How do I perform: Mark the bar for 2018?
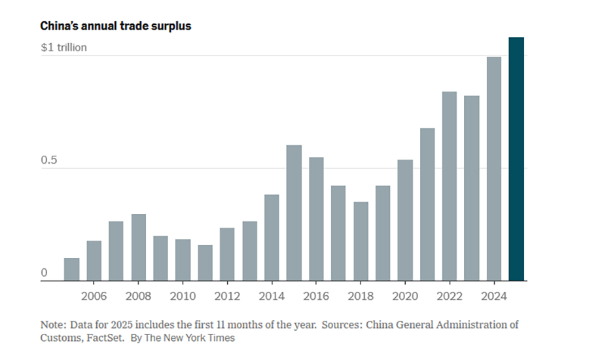(x=361, y=242)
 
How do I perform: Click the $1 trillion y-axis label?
(x=63, y=48)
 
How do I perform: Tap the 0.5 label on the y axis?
(x=48, y=161)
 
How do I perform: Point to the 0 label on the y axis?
(x=45, y=272)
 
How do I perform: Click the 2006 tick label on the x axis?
(x=94, y=296)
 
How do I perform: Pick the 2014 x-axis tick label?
(x=272, y=296)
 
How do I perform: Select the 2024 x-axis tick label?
(x=494, y=296)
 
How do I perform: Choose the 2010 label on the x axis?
(x=183, y=296)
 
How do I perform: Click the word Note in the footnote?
(x=52, y=325)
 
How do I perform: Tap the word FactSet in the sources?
(x=107, y=338)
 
